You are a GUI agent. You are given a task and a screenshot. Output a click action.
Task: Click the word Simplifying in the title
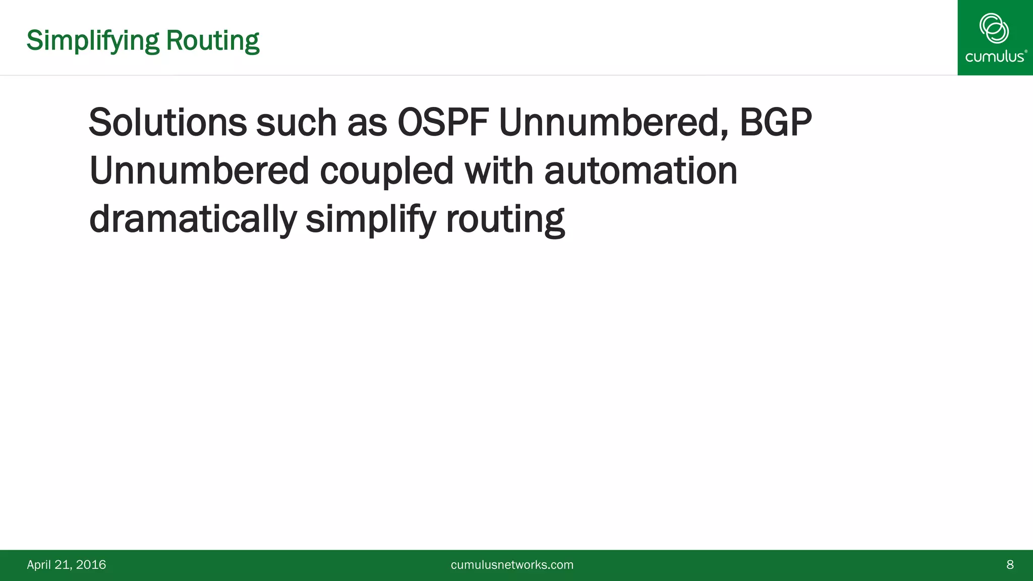point(93,41)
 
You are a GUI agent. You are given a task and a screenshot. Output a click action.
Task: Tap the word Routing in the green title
point(212,41)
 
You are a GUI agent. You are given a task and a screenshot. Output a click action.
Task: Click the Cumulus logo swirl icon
point(994,28)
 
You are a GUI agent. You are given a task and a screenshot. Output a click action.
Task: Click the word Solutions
point(167,123)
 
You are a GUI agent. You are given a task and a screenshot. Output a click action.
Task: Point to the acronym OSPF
point(443,123)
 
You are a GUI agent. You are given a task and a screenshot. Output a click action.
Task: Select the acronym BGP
point(775,123)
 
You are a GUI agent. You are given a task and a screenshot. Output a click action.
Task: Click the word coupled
point(387,171)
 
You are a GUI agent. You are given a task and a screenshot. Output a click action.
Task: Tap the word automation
point(641,171)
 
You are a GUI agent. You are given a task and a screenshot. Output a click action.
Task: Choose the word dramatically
point(193,219)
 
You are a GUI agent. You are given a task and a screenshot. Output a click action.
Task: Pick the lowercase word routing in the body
point(505,219)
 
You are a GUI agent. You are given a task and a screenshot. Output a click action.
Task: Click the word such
point(296,123)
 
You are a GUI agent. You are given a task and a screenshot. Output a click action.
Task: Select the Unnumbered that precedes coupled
point(199,171)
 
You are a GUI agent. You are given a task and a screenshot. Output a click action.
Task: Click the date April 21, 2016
point(66,565)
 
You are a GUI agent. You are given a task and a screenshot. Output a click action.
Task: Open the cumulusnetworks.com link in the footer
point(512,565)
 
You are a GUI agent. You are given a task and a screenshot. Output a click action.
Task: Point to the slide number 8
point(1010,565)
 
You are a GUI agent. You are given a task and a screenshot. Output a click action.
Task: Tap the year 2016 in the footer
point(91,565)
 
